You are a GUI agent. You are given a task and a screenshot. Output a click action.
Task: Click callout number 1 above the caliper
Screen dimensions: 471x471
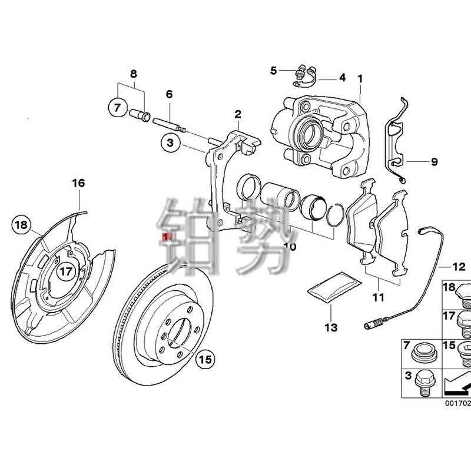[360, 78]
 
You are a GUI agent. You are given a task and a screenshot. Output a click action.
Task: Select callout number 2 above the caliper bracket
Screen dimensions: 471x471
[238, 114]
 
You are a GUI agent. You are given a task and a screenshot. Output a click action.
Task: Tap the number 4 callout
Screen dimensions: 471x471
[342, 78]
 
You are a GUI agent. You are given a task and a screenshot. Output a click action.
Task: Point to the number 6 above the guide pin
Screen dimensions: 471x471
[169, 94]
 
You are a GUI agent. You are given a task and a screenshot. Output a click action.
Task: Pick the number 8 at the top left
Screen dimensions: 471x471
[133, 74]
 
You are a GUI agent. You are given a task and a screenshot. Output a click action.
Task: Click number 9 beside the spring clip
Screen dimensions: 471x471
[434, 161]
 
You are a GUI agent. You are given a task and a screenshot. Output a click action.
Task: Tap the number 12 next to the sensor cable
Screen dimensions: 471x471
[459, 267]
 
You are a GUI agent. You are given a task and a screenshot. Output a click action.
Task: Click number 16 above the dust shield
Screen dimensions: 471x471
[78, 184]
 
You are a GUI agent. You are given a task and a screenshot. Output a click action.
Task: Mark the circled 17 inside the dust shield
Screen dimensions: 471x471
[67, 271]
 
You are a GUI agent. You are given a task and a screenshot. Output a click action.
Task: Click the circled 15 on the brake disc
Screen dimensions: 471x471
[203, 359]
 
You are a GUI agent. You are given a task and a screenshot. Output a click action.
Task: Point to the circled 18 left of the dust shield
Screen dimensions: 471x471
[21, 224]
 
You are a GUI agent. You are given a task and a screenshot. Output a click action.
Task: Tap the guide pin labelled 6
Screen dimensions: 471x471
[170, 125]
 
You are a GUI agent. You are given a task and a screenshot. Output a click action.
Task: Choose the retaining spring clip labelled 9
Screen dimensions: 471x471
[396, 141]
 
